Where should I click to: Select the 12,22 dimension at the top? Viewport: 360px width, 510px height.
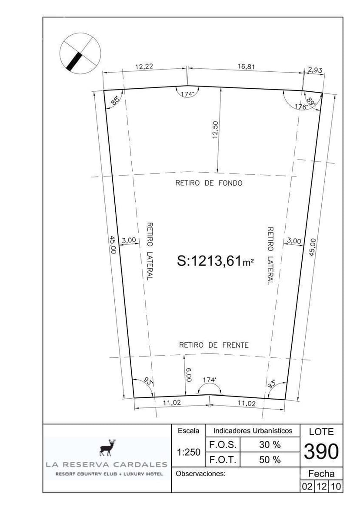pos(144,67)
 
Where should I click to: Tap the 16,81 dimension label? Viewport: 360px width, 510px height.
pos(246,67)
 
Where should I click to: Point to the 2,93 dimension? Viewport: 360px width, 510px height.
pos(314,70)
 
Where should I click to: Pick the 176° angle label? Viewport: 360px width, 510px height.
pos(301,107)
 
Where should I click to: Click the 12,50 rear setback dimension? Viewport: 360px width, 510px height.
pos(215,130)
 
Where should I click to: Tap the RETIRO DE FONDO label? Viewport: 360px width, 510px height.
pos(209,183)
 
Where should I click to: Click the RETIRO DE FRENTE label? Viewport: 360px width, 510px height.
pos(213,345)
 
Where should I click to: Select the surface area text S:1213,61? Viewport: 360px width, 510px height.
pos(215,261)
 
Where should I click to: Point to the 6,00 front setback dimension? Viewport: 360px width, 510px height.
pos(189,375)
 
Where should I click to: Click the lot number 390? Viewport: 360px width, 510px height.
pos(321,451)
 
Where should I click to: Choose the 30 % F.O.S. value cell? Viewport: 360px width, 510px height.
pos(270,445)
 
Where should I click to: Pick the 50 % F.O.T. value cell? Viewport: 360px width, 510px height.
pos(270,460)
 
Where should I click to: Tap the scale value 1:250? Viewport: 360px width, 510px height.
pos(189,452)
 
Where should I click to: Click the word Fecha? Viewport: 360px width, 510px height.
pos(321,473)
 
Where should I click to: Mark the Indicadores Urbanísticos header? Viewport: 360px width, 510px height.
pos(253,430)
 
